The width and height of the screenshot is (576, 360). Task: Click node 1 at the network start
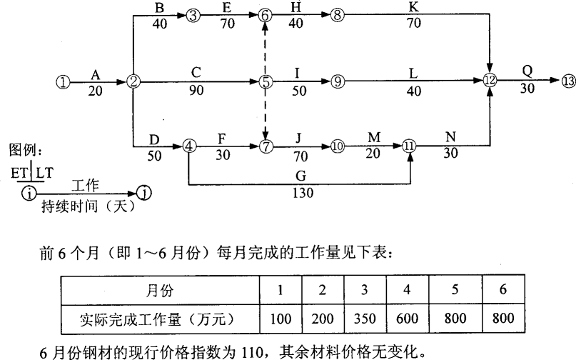pos(63,81)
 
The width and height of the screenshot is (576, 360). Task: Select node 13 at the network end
pos(567,81)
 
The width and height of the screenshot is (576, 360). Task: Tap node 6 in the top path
pos(266,14)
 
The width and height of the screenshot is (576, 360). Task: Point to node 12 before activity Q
pos(489,81)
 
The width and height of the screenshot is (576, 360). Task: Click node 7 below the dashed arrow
pos(266,147)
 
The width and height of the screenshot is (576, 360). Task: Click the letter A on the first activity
pos(95,72)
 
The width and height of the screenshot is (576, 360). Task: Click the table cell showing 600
pos(408,316)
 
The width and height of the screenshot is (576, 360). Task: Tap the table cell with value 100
pos(279,316)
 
